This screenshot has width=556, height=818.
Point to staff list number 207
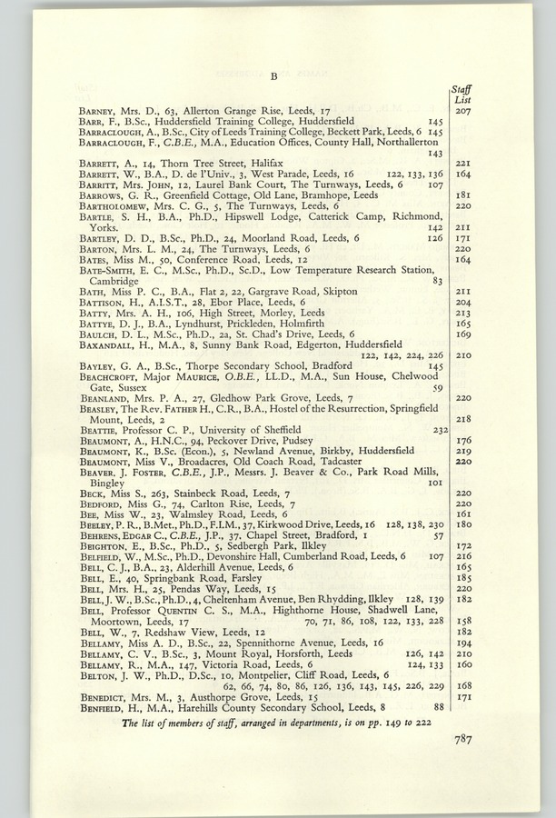pos(462,111)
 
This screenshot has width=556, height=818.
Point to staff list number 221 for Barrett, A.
pos(462,162)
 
